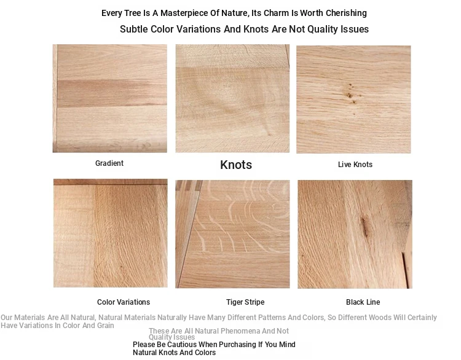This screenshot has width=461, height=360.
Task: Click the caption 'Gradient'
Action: pyautogui.click(x=109, y=163)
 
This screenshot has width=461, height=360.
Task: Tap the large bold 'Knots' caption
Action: pyautogui.click(x=236, y=165)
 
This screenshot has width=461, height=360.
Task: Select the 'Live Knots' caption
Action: pyautogui.click(x=355, y=165)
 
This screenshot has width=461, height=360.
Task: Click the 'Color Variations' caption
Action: pyautogui.click(x=124, y=302)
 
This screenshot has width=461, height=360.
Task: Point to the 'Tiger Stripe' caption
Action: pyautogui.click(x=245, y=302)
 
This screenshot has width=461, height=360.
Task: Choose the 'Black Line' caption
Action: pyautogui.click(x=363, y=302)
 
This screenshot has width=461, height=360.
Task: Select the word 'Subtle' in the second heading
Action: pyautogui.click(x=134, y=29)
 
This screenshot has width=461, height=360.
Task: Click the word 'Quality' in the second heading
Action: pyautogui.click(x=323, y=29)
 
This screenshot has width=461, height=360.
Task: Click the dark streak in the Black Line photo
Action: pyautogui.click(x=364, y=227)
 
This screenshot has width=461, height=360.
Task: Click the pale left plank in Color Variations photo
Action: pyautogui.click(x=74, y=236)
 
